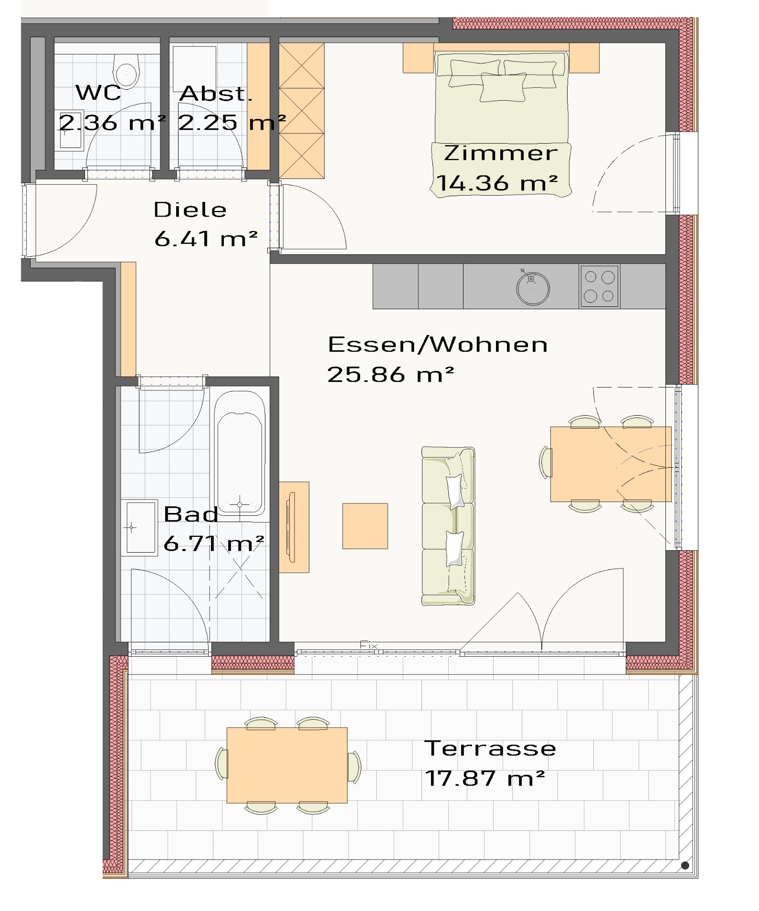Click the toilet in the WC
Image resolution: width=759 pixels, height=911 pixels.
click(x=126, y=71)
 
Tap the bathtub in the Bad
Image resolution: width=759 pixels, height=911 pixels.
click(x=239, y=453)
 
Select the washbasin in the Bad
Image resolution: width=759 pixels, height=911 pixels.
click(x=139, y=528)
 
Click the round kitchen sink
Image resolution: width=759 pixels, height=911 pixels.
click(x=533, y=288)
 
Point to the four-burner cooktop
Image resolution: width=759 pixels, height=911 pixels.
click(x=600, y=286)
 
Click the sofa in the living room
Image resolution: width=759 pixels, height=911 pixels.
click(x=448, y=526)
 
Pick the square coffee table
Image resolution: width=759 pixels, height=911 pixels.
click(x=365, y=526)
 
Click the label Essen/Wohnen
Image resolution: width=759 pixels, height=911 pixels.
click(x=438, y=345)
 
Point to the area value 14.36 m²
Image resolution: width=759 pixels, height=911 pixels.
click(x=497, y=183)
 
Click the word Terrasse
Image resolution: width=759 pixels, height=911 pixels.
click(x=490, y=748)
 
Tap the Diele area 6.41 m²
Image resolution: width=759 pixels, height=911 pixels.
click(x=206, y=238)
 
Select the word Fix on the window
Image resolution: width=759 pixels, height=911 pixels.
click(x=369, y=645)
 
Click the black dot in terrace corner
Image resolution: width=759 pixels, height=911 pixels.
click(x=685, y=865)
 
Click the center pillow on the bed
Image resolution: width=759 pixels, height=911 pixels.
click(x=503, y=87)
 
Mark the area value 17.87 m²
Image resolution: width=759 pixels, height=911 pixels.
click(x=485, y=778)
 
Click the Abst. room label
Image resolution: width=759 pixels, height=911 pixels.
click(x=216, y=94)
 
